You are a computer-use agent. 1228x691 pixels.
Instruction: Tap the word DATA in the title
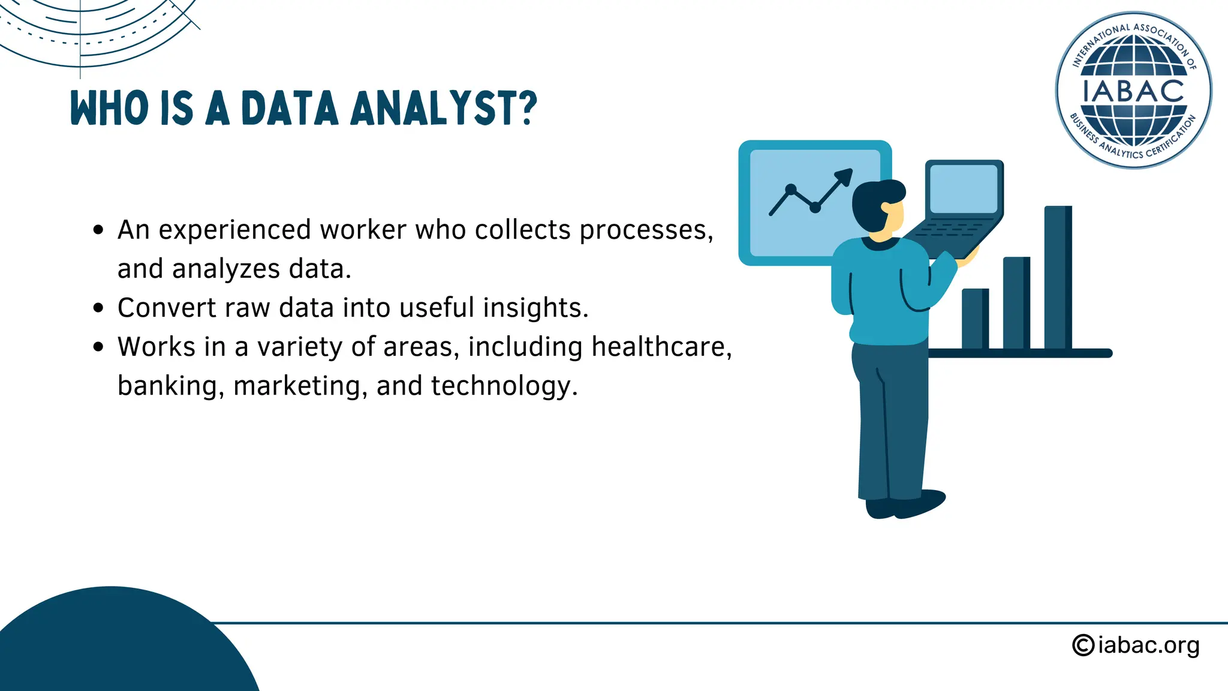click(290, 109)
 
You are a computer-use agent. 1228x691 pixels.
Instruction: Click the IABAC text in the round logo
click(1133, 92)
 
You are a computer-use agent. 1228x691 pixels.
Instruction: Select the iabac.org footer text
click(1148, 645)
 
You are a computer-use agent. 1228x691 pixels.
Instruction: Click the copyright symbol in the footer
click(1083, 645)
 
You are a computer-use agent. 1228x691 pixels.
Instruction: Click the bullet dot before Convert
click(99, 308)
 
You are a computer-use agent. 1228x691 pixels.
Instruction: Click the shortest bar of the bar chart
click(975, 319)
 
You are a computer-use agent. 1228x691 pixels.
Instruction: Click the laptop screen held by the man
click(963, 188)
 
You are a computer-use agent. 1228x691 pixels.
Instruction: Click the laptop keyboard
click(950, 231)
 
